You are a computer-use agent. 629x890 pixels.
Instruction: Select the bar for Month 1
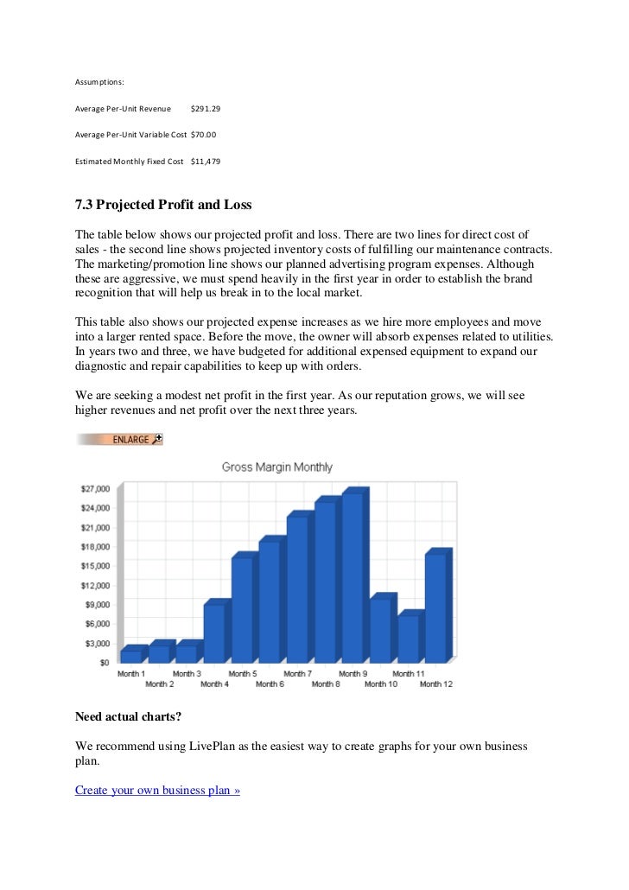(x=130, y=656)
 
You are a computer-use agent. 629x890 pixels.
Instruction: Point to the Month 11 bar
(x=408, y=639)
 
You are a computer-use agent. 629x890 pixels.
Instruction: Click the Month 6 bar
(x=269, y=601)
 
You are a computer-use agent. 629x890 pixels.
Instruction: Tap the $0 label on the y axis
(x=103, y=663)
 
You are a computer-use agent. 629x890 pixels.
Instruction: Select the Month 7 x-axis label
(x=297, y=674)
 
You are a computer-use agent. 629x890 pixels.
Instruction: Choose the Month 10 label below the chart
(x=380, y=684)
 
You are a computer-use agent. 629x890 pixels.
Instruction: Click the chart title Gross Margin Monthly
(x=276, y=467)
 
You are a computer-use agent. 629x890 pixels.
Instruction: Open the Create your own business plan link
(x=157, y=790)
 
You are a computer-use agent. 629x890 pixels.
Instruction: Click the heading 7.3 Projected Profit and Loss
(x=163, y=205)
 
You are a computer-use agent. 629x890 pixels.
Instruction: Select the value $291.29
(x=205, y=109)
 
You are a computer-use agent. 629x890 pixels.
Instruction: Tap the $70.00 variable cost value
(x=203, y=135)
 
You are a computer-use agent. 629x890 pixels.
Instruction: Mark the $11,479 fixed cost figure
(x=205, y=162)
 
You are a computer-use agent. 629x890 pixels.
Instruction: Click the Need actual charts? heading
(x=129, y=716)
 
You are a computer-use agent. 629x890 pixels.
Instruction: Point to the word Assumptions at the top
(x=99, y=82)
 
